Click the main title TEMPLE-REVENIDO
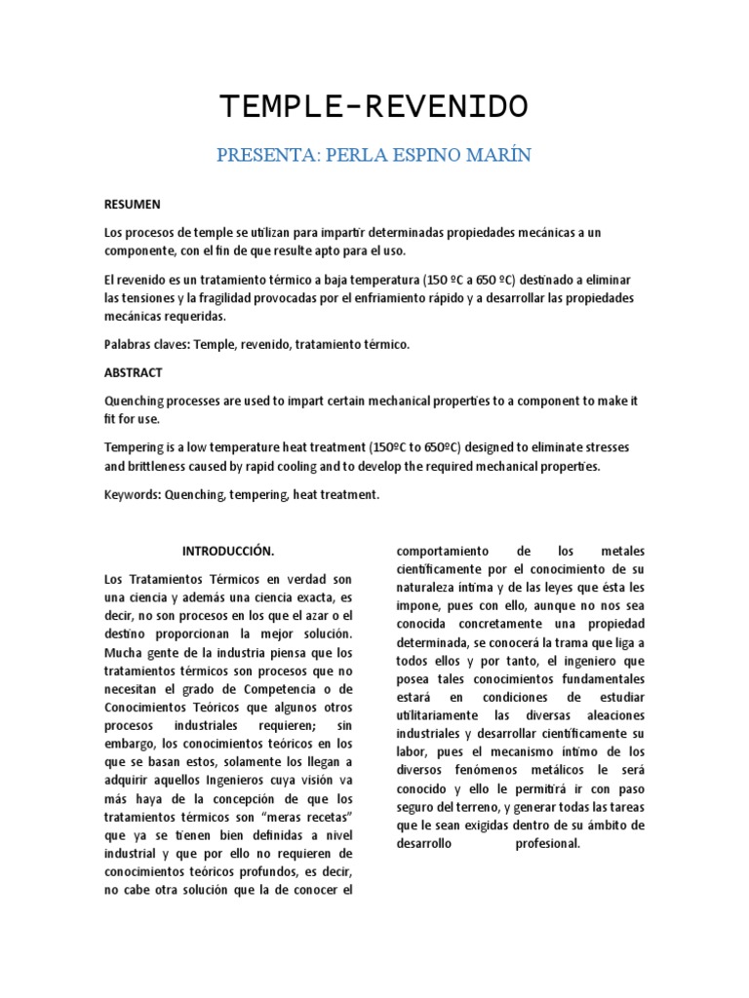[x=374, y=106]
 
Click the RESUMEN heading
[x=132, y=205]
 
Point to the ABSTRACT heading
[x=133, y=372]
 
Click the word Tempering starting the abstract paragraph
[x=136, y=447]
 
